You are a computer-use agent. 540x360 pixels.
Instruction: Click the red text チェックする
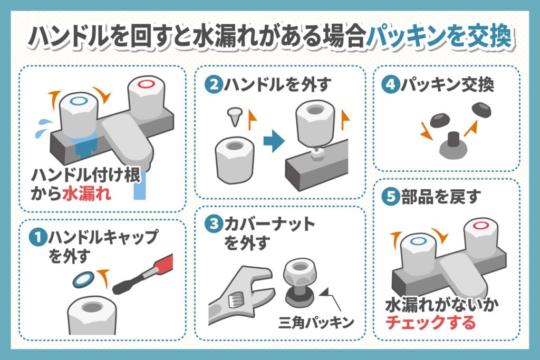[x=430, y=322]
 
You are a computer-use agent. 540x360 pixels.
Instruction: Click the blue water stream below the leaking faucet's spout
[x=140, y=187]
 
